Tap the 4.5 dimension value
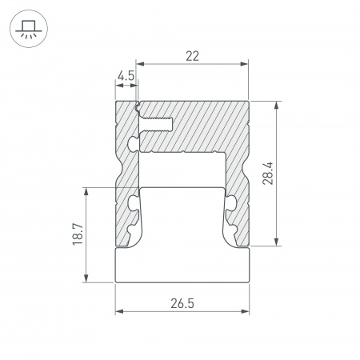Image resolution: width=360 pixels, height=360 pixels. [x=126, y=77]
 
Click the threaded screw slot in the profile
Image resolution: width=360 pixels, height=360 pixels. [x=159, y=124]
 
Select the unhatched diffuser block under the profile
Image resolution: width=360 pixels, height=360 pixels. [x=183, y=265]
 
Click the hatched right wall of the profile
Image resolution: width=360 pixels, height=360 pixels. [x=241, y=184]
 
